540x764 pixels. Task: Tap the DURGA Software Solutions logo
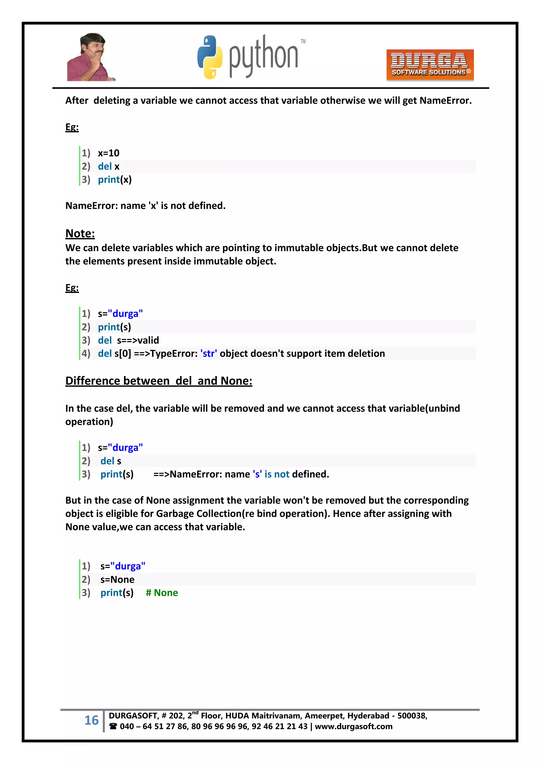430,65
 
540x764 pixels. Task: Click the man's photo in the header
90,57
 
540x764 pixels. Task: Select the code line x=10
108,153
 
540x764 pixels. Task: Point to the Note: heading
80,234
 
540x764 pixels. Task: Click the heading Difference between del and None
159,381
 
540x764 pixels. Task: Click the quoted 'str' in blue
209,353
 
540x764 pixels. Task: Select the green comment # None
162,593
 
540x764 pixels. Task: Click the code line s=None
117,579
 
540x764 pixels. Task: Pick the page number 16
91,720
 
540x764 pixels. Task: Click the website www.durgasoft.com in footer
354,727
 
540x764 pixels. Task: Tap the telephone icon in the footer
113,727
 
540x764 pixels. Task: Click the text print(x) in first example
115,180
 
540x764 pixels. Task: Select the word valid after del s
148,340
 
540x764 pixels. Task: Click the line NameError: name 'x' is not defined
145,206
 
